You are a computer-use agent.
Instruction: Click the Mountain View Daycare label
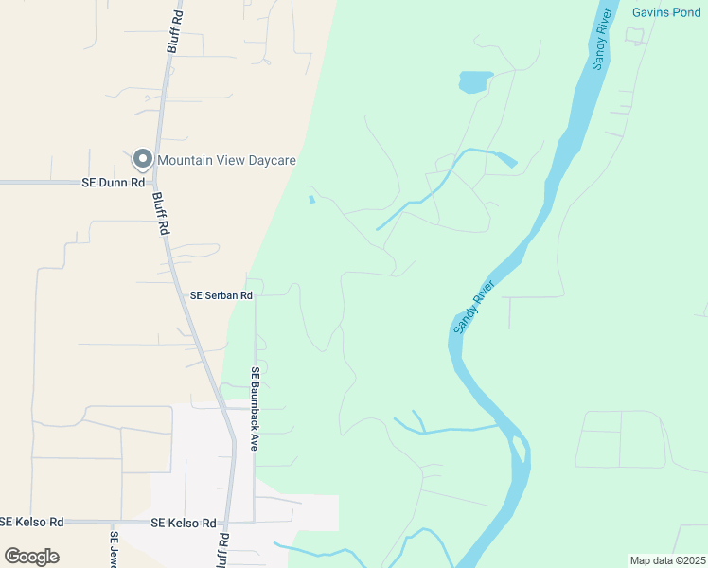pyautogui.click(x=226, y=160)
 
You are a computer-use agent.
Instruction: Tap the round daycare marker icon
pyautogui.click(x=142, y=159)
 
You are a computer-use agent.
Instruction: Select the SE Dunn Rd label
pyautogui.click(x=113, y=182)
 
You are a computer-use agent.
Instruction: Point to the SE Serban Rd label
pyautogui.click(x=221, y=295)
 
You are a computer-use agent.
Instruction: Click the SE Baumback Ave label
pyautogui.click(x=254, y=408)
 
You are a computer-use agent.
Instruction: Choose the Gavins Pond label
pyautogui.click(x=667, y=12)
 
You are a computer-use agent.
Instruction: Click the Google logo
pyautogui.click(x=31, y=557)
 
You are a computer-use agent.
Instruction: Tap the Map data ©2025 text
pyautogui.click(x=667, y=560)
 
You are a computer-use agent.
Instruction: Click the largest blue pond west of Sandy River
pyautogui.click(x=475, y=82)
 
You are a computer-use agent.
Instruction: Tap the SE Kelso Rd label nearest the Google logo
pyautogui.click(x=31, y=522)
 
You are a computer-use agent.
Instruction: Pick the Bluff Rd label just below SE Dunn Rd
pyautogui.click(x=162, y=215)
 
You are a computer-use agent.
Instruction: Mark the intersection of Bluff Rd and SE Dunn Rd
pyautogui.click(x=155, y=182)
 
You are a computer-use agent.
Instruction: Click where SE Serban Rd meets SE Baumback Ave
pyautogui.click(x=254, y=295)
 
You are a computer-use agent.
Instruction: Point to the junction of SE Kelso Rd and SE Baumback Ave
pyautogui.click(x=254, y=522)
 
